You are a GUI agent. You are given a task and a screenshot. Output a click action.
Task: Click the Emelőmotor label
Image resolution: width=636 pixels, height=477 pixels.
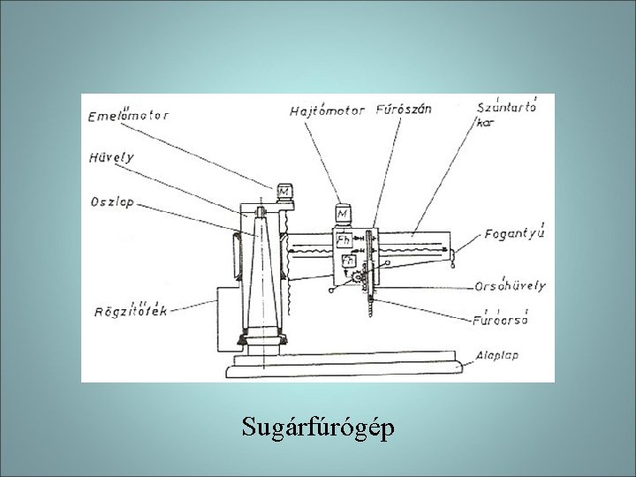click(130, 113)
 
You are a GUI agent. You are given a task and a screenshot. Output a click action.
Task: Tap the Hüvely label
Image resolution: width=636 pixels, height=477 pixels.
click(110, 157)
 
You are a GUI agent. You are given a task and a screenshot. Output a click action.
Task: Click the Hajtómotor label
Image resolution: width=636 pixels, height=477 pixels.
click(328, 110)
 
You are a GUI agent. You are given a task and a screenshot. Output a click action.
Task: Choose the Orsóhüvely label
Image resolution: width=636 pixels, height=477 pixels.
click(511, 285)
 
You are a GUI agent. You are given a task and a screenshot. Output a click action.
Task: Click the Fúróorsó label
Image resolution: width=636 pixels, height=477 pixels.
click(501, 319)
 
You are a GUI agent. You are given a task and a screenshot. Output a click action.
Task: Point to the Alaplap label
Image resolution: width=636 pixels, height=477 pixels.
click(497, 352)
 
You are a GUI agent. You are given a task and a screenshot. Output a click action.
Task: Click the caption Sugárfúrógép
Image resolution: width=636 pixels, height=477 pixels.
click(318, 428)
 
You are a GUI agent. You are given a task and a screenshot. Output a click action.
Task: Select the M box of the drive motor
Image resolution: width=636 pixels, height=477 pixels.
click(343, 213)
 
